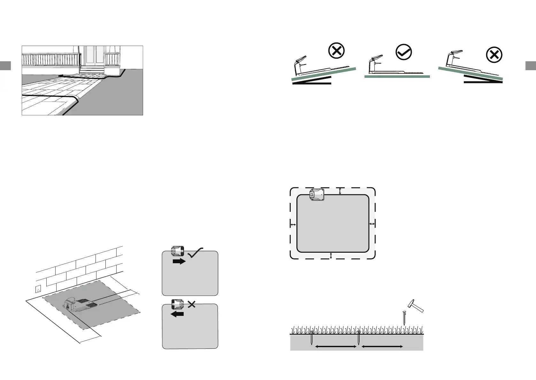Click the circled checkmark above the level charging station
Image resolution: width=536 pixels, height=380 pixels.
click(x=404, y=52)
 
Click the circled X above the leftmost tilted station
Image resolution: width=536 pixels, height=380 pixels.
click(x=336, y=51)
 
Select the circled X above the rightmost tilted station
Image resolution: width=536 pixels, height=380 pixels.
click(x=494, y=55)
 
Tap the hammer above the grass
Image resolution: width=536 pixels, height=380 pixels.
click(x=416, y=306)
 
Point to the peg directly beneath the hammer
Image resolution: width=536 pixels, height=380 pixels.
click(x=404, y=318)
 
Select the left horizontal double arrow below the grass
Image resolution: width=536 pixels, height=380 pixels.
click(x=335, y=346)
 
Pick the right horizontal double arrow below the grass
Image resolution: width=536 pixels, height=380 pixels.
click(x=382, y=346)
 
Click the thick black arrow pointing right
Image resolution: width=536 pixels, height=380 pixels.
click(x=179, y=262)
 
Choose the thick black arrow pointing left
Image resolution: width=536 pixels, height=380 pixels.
click(x=178, y=314)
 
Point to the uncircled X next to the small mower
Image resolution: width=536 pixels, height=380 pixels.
click(x=192, y=304)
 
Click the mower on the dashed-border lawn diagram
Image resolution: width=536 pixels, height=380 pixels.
click(x=317, y=194)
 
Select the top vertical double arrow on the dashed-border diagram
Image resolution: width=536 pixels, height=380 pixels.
click(x=340, y=191)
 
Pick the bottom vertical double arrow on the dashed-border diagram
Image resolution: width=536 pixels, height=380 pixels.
click(x=331, y=256)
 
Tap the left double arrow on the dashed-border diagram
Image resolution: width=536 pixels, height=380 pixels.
click(x=293, y=225)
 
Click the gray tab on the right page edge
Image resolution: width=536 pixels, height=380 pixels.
click(x=531, y=65)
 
